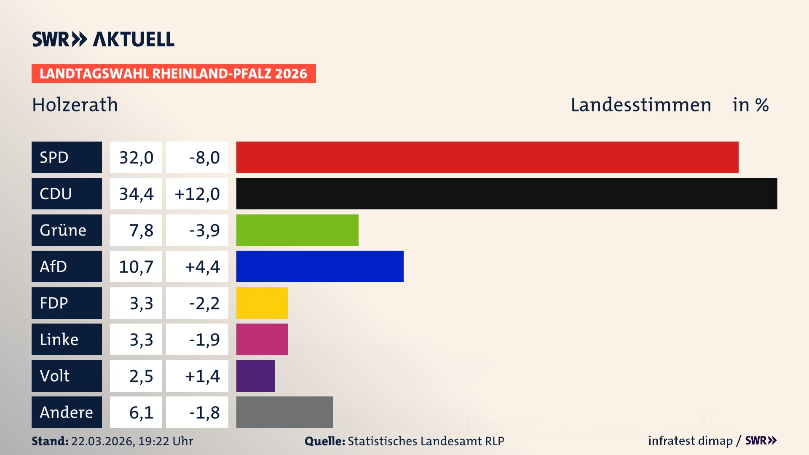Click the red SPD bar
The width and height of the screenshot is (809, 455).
(x=487, y=157)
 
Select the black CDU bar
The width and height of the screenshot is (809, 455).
(x=506, y=193)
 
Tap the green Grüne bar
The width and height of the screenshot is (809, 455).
(x=297, y=230)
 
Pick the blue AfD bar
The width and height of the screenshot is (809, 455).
(x=320, y=266)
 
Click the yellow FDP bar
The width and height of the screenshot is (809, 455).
(x=262, y=303)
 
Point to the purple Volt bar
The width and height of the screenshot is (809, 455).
(x=255, y=376)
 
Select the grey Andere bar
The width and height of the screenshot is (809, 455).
(x=284, y=412)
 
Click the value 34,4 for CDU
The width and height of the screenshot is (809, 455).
(x=136, y=194)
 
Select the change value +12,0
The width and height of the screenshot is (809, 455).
(x=197, y=194)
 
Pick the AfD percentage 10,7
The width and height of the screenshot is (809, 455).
(x=136, y=267)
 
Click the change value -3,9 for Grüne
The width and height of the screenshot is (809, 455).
(x=204, y=230)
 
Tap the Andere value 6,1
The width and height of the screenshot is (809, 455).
(x=141, y=412)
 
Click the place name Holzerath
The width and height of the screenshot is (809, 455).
(x=75, y=105)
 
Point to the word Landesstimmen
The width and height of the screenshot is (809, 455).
(x=640, y=105)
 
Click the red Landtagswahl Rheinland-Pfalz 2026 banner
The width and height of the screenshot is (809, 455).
(x=174, y=74)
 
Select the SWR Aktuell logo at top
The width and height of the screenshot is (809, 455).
(x=103, y=39)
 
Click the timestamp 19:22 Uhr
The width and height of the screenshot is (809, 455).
(x=165, y=441)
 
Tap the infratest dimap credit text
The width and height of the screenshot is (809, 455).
(x=690, y=441)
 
